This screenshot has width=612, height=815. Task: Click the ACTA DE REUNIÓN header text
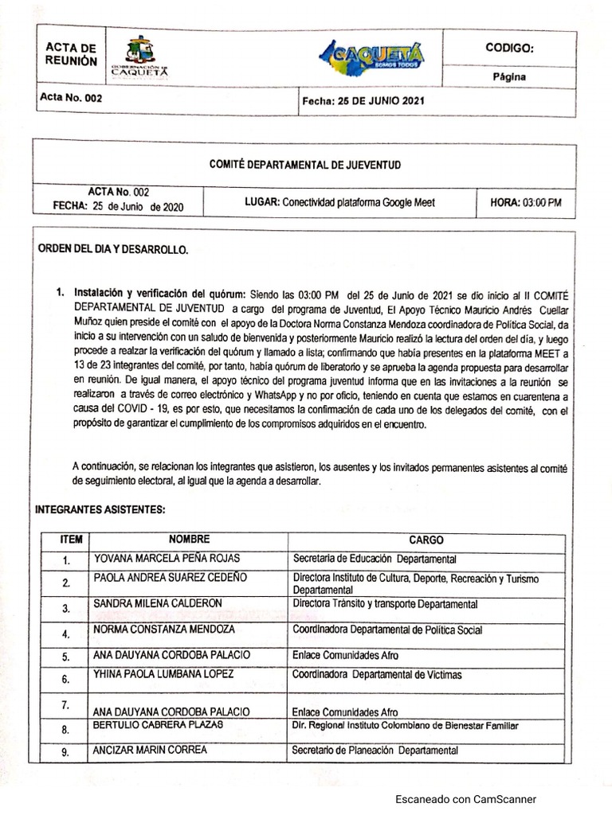click(72, 55)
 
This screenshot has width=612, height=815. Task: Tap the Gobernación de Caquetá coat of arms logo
click(140, 57)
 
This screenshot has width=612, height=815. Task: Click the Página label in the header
click(508, 77)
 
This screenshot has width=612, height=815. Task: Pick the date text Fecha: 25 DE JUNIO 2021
click(363, 101)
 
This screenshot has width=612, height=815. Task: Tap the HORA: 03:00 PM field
click(526, 203)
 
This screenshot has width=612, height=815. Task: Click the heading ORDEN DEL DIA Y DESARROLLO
click(114, 249)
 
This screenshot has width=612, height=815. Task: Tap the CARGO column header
click(426, 540)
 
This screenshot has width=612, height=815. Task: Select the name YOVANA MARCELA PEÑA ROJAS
click(167, 558)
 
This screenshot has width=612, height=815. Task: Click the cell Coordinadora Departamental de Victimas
click(377, 675)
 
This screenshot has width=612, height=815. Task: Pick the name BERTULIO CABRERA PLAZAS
click(159, 725)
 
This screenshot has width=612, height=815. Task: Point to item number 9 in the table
click(66, 752)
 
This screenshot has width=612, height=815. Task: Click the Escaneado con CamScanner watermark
click(466, 799)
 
